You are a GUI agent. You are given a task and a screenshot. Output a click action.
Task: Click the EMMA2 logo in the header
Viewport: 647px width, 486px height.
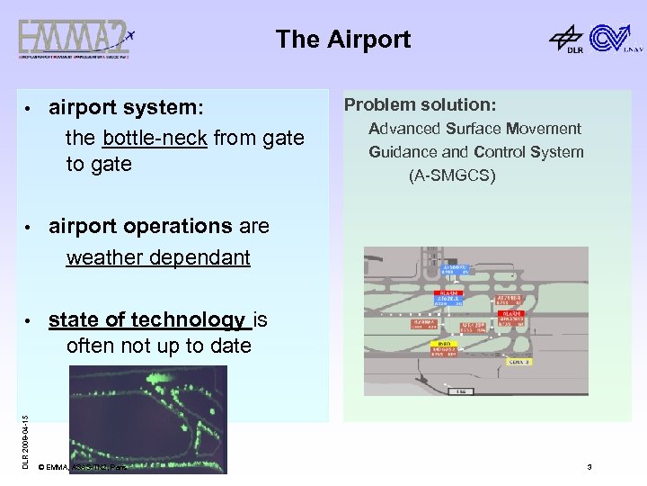(x=76, y=40)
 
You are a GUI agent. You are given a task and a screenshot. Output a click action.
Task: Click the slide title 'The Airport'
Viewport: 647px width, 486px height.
(x=343, y=40)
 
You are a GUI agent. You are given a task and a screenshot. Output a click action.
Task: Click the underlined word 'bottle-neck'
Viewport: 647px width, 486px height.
(x=155, y=138)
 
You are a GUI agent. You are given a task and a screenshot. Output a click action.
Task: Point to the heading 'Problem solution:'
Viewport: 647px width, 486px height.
(x=420, y=104)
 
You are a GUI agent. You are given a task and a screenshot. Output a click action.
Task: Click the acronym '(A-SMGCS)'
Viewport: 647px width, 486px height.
(x=452, y=175)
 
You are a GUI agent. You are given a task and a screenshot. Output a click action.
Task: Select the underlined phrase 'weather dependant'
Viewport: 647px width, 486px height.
(x=158, y=257)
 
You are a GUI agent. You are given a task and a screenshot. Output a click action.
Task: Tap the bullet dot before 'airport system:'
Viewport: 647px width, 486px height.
(x=31, y=109)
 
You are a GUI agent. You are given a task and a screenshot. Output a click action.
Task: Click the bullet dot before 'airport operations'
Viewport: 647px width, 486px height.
(x=31, y=227)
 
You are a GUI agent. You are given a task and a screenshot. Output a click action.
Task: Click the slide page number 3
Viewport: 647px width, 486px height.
(x=589, y=467)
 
